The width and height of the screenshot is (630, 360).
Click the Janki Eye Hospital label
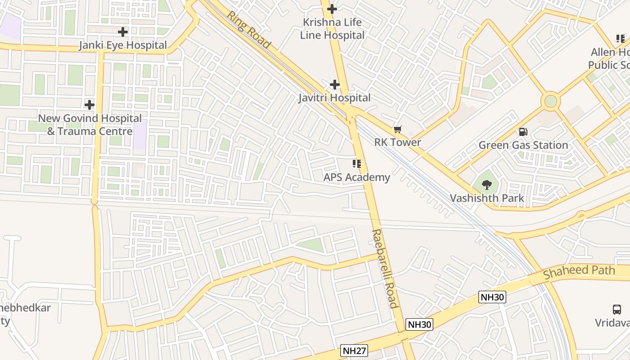click(123, 45)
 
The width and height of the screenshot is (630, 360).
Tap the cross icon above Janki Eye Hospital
click(123, 32)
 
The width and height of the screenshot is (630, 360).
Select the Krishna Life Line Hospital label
click(333, 28)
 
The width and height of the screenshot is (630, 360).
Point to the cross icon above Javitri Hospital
click(334, 84)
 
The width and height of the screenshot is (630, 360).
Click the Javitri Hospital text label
click(334, 98)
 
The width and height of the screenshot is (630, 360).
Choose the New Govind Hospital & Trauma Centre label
click(90, 125)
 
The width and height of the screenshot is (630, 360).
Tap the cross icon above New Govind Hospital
click(90, 105)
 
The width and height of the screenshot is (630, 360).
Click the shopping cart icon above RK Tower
click(397, 130)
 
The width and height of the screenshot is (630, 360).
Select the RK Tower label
click(398, 143)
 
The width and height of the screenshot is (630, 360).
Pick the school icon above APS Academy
click(357, 164)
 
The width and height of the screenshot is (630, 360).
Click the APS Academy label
click(357, 177)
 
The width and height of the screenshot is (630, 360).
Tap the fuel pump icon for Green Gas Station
click(523, 132)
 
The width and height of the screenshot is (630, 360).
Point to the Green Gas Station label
click(523, 145)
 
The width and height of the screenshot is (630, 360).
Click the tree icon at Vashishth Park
click(486, 184)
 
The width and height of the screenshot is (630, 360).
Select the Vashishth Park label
click(487, 198)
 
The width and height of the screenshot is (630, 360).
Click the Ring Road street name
click(248, 30)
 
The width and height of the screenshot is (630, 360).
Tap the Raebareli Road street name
click(385, 269)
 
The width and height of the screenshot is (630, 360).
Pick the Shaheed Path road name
click(579, 272)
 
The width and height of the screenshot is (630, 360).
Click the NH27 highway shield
click(354, 351)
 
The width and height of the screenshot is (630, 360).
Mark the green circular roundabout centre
click(550, 101)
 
